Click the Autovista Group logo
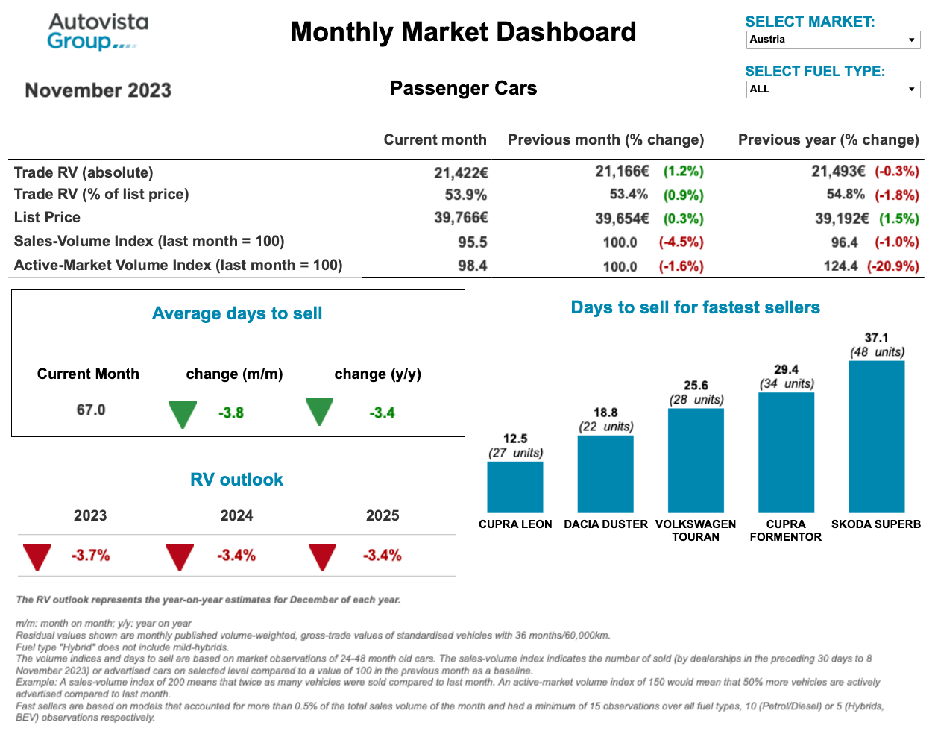coord(97,32)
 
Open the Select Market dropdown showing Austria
coord(832,40)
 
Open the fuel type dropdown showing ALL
coord(832,90)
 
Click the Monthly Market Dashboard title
coord(463,32)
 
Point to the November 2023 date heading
coord(98,90)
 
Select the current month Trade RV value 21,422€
coord(461,172)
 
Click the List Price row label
coord(47,217)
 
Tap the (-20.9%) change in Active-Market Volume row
coord(892,266)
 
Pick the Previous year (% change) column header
coord(828,139)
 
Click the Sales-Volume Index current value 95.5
coord(472,242)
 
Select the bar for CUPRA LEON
coord(514,486)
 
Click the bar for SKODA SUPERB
coord(876,436)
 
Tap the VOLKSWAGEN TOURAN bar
coord(696,460)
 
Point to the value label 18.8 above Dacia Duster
coord(605,413)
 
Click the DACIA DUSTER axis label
coord(605,524)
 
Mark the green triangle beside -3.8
coord(183,413)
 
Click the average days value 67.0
coord(91,410)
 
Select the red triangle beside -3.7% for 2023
coord(37,556)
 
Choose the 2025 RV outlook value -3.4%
coord(382,556)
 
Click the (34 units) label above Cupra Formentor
coord(787,383)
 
